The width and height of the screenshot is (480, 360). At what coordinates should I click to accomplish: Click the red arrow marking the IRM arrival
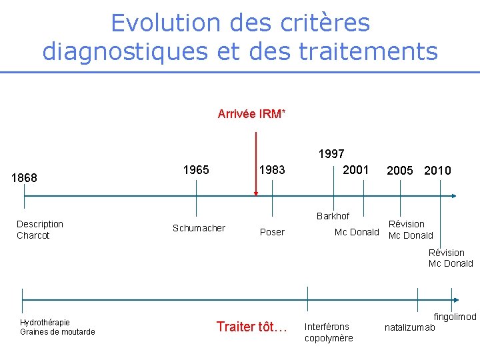(255, 164)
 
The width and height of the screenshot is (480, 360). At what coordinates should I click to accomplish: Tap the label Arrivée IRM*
(251, 114)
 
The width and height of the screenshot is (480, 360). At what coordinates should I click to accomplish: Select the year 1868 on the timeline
(25, 178)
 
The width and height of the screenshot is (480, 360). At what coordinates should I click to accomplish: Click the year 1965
(196, 170)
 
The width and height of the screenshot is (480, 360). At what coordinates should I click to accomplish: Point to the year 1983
(272, 170)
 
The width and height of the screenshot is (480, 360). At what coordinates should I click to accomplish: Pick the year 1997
(331, 155)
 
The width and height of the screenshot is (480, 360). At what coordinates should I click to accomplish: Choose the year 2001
(355, 170)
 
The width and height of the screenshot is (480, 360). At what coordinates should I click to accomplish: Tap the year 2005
(399, 171)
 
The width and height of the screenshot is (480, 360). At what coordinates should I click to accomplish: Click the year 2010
(437, 171)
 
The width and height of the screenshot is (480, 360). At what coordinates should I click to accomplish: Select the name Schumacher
(199, 228)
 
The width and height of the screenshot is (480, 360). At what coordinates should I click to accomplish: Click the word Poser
(272, 232)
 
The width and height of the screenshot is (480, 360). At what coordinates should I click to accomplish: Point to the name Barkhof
(333, 216)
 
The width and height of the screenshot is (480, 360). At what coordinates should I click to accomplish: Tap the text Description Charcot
(39, 229)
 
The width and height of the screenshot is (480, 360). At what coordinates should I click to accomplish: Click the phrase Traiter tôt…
(252, 327)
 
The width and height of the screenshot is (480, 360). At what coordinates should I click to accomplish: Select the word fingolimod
(455, 317)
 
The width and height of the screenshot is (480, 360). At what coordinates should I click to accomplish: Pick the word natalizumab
(410, 327)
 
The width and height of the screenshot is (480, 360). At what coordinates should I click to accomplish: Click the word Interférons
(327, 327)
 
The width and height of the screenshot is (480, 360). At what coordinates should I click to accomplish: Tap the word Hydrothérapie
(45, 322)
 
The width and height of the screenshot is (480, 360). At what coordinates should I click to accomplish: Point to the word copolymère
(329, 338)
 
